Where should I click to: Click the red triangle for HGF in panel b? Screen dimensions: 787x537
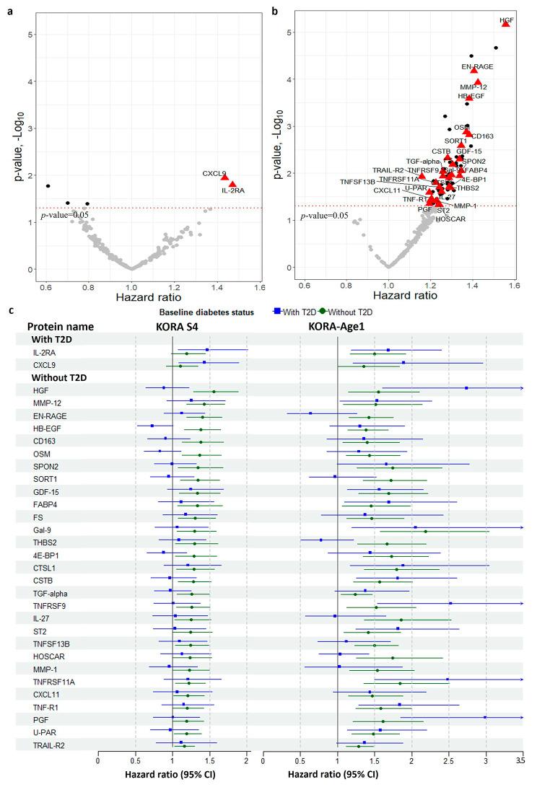coord(505,23)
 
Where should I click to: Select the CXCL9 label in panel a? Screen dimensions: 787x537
coord(215,173)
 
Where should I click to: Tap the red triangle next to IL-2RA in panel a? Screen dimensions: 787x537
coord(232,184)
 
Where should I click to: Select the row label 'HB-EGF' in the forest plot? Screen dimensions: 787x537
coord(45,428)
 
